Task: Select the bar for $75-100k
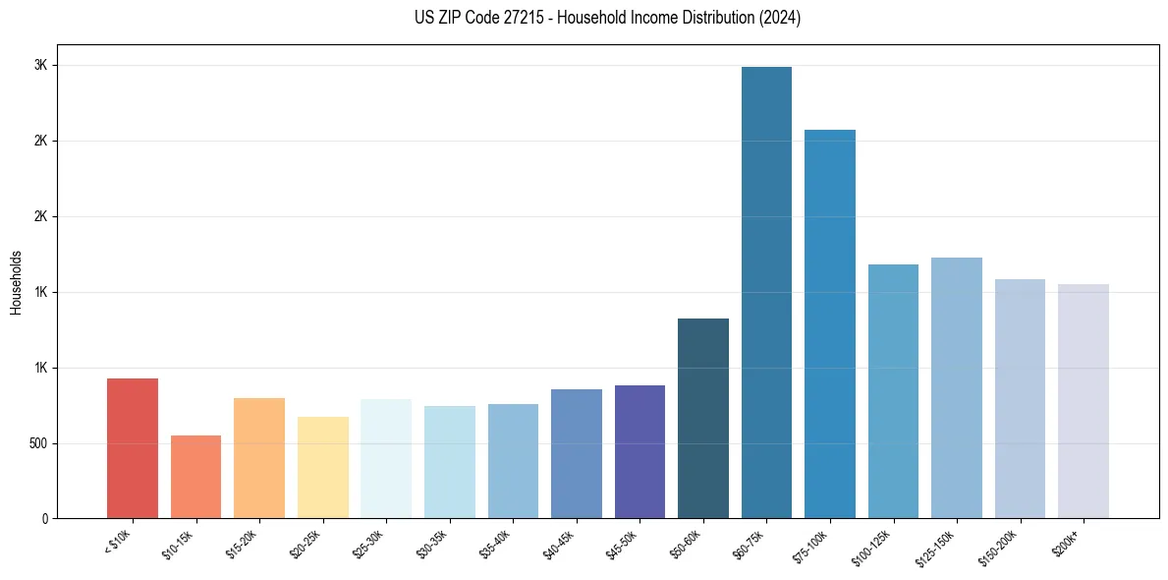coord(829,324)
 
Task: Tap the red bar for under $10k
coord(133,448)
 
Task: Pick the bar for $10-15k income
coord(195,477)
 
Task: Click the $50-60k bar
coord(703,419)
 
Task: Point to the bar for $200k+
coord(1083,401)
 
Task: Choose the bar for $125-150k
coord(956,388)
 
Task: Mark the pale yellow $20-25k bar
coord(323,468)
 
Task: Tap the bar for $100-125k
coord(893,391)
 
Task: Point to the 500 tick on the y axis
coord(39,443)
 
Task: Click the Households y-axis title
coord(16,282)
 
